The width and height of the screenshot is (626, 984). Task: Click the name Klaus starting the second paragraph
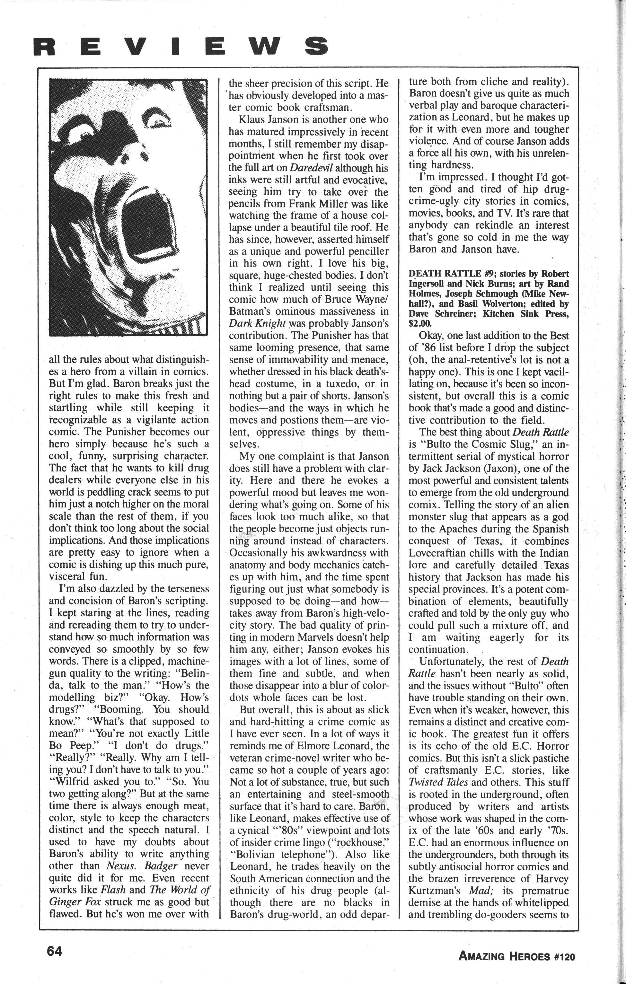point(256,120)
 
